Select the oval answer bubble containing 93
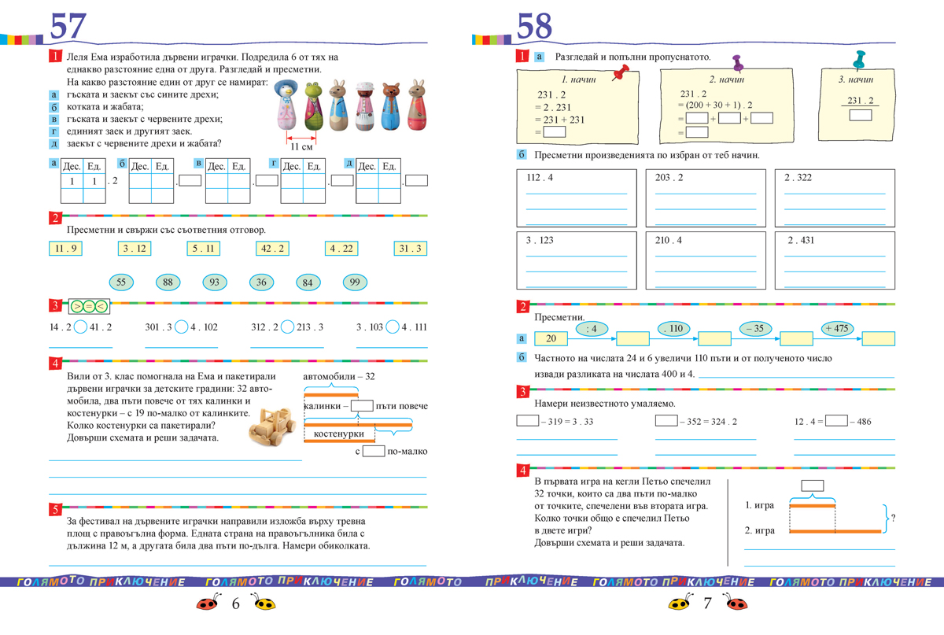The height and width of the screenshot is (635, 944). pyautogui.click(x=215, y=282)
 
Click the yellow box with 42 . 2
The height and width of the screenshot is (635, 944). pyautogui.click(x=273, y=249)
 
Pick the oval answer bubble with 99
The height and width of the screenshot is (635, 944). pyautogui.click(x=355, y=282)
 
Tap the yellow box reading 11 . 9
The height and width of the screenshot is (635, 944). pyautogui.click(x=65, y=249)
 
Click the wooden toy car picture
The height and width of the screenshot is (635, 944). pyautogui.click(x=271, y=427)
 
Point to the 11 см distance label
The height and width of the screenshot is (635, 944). pyautogui.click(x=301, y=146)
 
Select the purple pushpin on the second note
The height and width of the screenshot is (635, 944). pyautogui.click(x=738, y=64)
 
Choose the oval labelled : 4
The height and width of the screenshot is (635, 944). pyautogui.click(x=592, y=328)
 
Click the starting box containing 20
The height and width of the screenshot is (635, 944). pyautogui.click(x=551, y=339)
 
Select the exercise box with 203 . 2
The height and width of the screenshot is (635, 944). pyautogui.click(x=706, y=197)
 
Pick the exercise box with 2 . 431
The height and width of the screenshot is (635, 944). pyautogui.click(x=835, y=260)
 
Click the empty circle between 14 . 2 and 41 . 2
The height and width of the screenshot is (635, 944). pyautogui.click(x=79, y=327)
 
